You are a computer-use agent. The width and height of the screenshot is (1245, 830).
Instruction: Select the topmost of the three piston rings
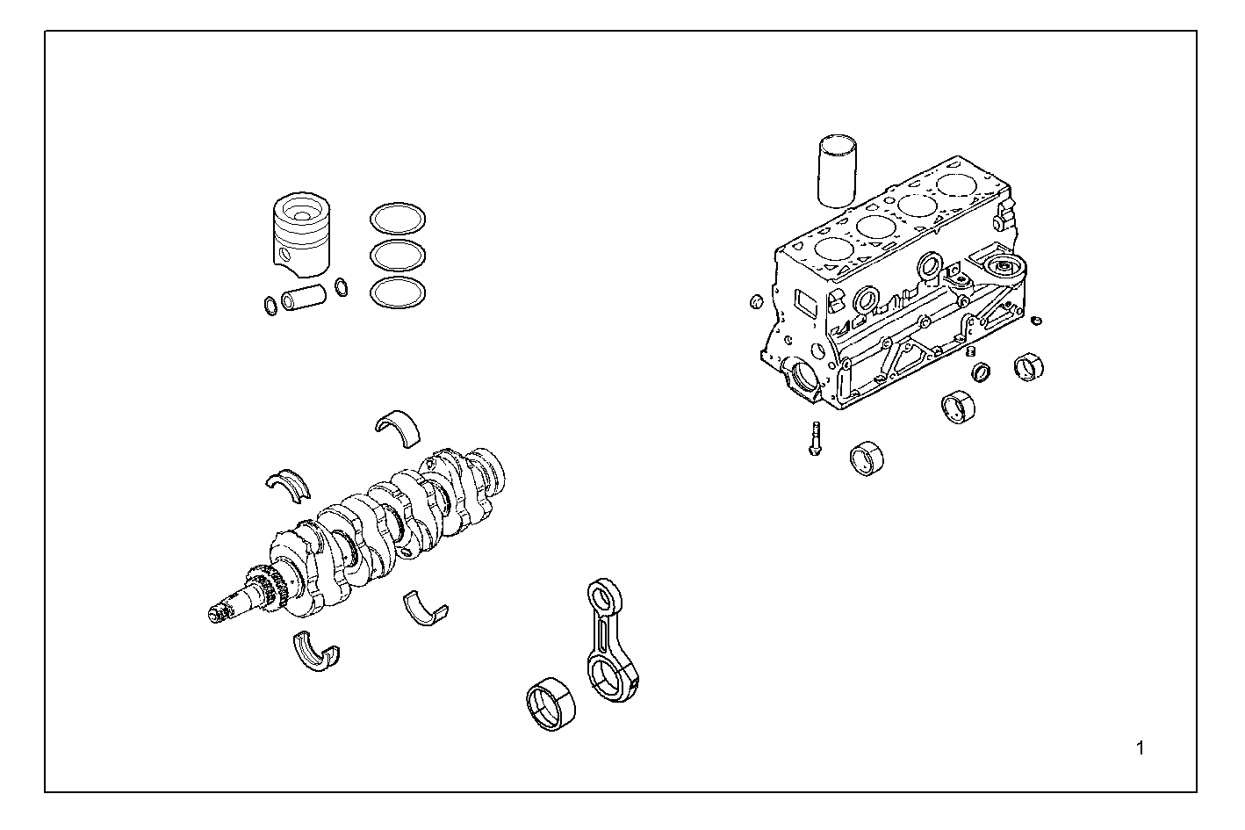pos(398,218)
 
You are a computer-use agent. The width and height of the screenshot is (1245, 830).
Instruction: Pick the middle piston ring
pos(398,255)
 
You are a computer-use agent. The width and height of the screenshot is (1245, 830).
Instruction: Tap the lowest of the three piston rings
pos(398,292)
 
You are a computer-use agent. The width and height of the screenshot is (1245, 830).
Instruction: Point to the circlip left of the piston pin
pos(270,306)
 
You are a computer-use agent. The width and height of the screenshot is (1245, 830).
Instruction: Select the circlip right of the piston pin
pos(341,287)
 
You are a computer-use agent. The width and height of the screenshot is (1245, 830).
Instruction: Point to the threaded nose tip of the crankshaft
pos(216,613)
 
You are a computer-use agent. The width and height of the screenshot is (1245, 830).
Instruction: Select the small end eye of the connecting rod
pos(602,598)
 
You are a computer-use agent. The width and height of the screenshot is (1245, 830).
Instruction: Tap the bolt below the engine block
pos(813,438)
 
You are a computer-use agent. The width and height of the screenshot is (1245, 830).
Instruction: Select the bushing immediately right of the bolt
pos(868,458)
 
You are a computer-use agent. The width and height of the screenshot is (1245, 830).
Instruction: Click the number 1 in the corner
pos(1141,748)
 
